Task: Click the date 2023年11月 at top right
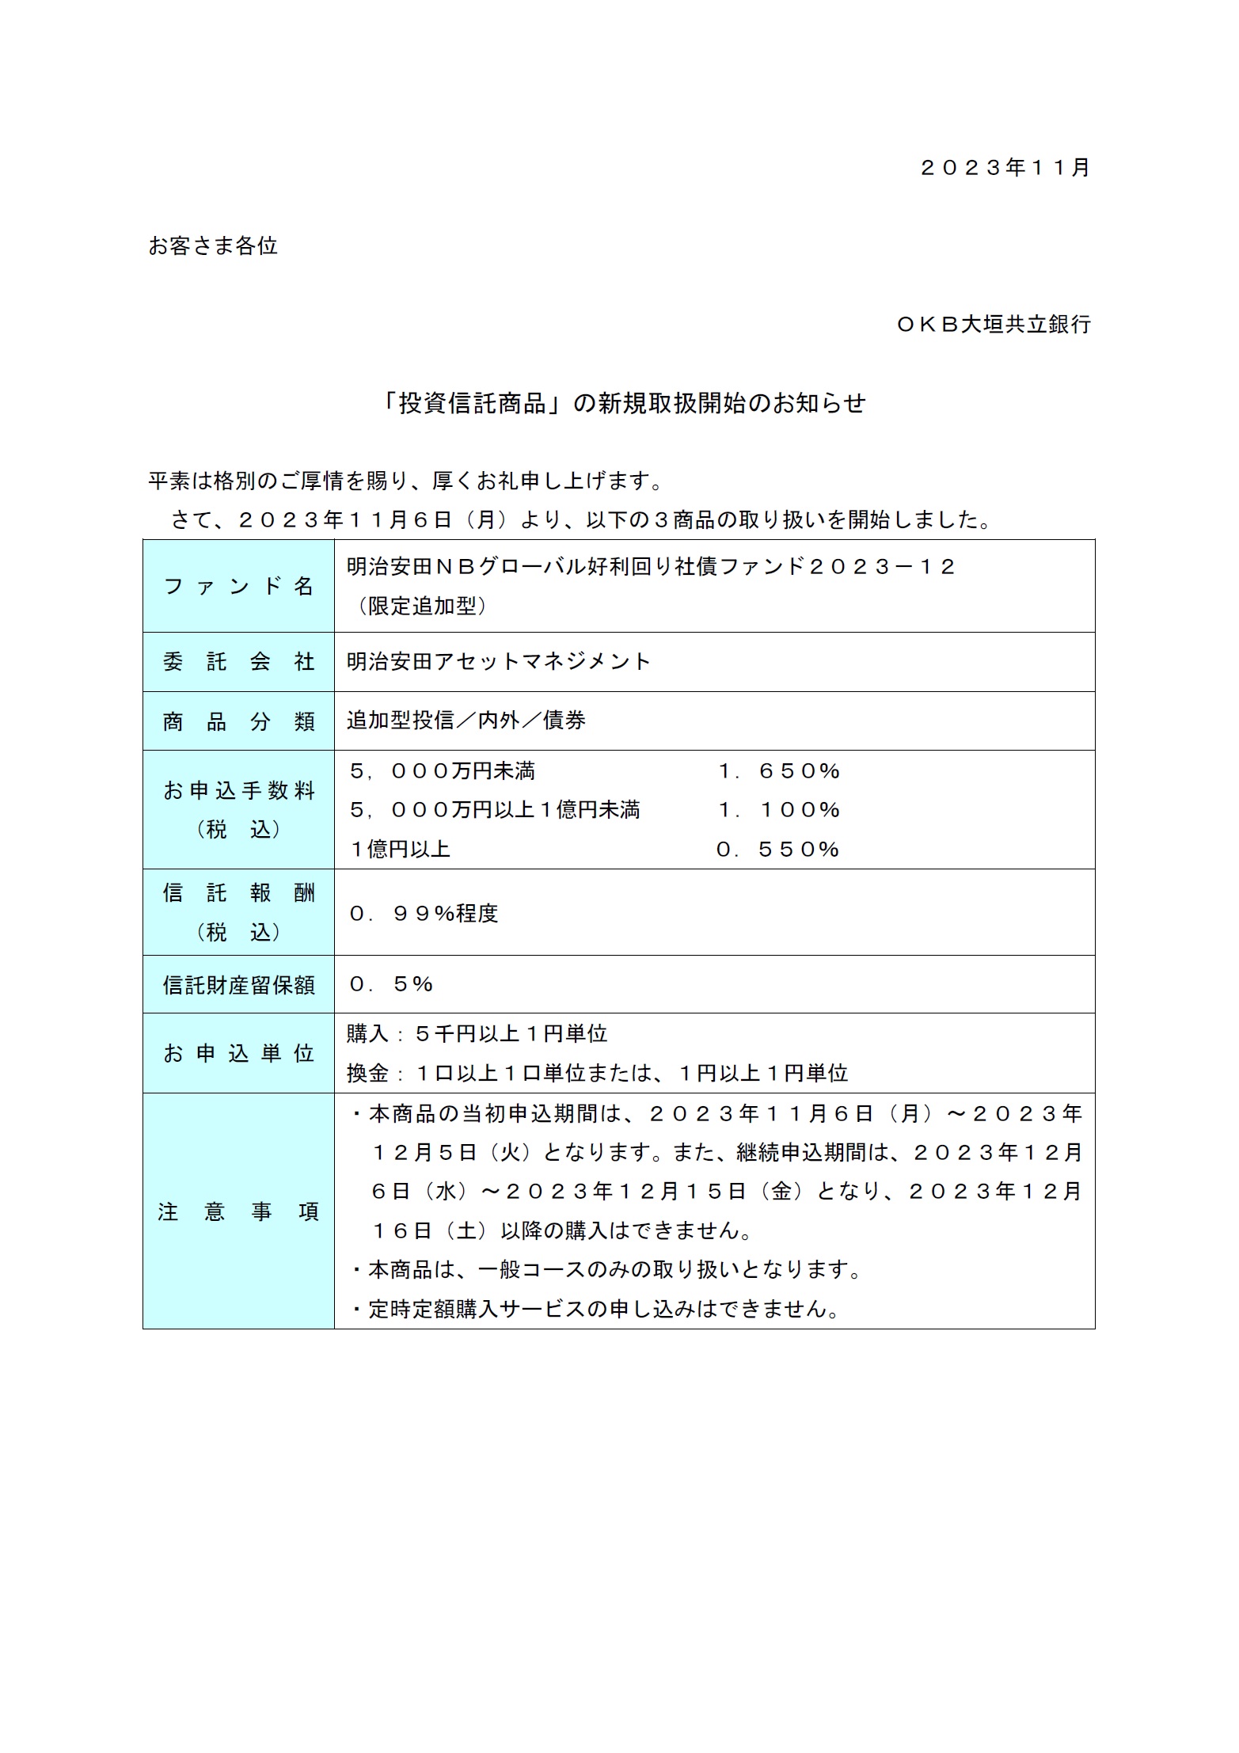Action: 1005,168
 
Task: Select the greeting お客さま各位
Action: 213,246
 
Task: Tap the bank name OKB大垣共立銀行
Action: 994,324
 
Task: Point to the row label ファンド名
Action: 238,587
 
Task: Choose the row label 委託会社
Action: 238,662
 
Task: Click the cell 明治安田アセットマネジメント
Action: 499,662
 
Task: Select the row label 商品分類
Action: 238,721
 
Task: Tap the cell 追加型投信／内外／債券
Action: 466,721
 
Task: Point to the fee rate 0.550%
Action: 777,850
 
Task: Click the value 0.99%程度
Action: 424,914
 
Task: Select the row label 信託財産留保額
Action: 238,985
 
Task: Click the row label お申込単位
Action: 238,1053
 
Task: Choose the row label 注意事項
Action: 238,1212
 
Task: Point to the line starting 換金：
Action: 597,1074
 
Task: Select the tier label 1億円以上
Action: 400,850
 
